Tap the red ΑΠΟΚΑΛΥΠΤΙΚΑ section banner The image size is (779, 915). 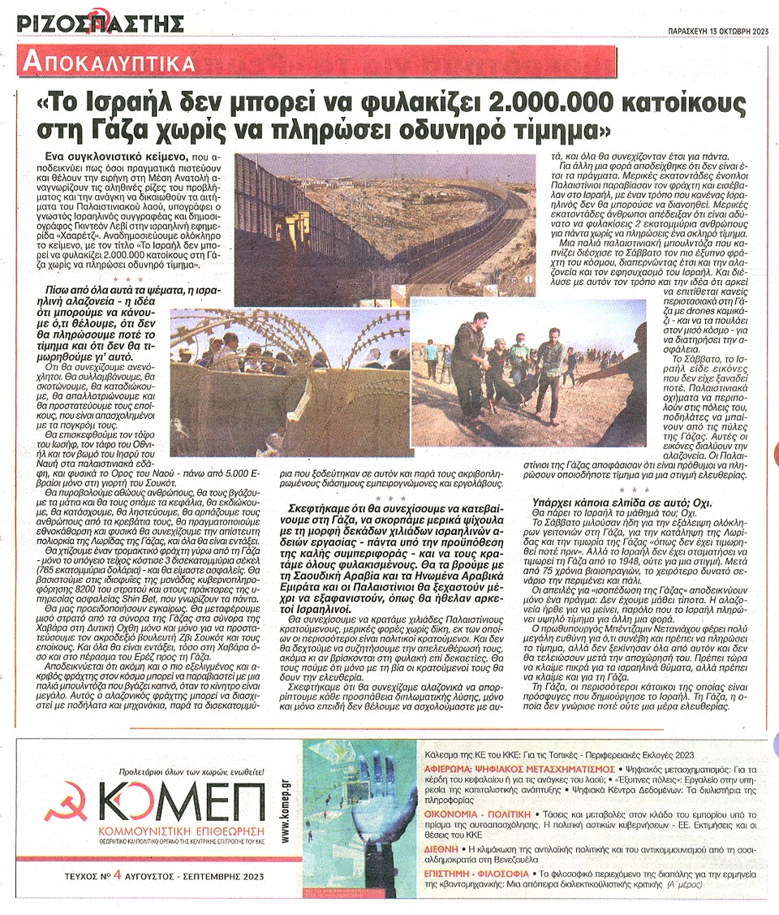pyautogui.click(x=110, y=63)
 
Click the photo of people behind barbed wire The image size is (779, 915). pyautogui.click(x=290, y=382)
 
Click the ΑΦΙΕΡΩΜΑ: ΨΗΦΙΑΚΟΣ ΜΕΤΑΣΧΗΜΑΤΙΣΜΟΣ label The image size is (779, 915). pyautogui.click(x=519, y=766)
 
